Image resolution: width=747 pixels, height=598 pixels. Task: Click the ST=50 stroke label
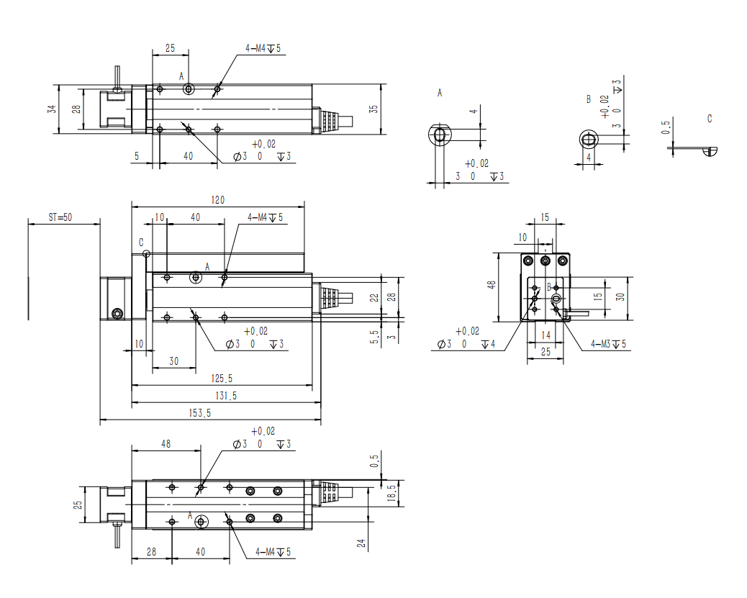pos(60,217)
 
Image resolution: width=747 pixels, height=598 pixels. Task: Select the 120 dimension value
pos(217,201)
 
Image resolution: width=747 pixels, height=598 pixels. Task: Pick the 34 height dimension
pos(51,109)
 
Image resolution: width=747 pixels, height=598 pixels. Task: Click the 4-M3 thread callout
pos(609,344)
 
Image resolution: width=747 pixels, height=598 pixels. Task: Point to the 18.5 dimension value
pos(391,494)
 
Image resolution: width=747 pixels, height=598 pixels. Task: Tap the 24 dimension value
pos(362,543)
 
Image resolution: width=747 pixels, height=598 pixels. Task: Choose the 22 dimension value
pos(373,296)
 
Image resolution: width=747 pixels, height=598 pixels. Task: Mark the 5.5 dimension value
pos(373,335)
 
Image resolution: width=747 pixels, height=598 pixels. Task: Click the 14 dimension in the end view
pos(545,335)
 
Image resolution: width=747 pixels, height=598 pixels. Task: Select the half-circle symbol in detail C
pos(711,150)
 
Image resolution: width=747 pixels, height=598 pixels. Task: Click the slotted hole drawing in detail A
pos(439,134)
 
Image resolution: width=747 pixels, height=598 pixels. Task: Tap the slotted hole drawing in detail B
pos(589,139)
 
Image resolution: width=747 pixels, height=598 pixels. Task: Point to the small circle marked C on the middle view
pos(146,253)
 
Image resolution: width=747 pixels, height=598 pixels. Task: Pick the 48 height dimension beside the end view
pos(492,286)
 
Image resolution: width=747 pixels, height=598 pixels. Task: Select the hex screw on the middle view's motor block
pos(117,313)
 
